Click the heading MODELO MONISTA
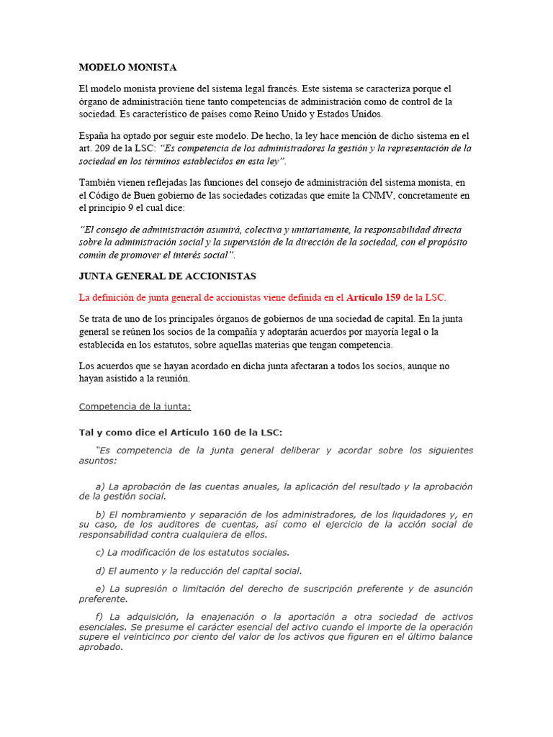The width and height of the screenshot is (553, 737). point(127,67)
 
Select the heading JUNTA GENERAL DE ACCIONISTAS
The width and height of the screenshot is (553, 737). point(167,276)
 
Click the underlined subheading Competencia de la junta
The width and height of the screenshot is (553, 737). point(135,407)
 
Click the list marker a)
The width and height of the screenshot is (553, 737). point(100,487)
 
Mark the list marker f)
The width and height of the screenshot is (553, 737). point(99,617)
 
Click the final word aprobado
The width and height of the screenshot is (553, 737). point(101,646)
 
